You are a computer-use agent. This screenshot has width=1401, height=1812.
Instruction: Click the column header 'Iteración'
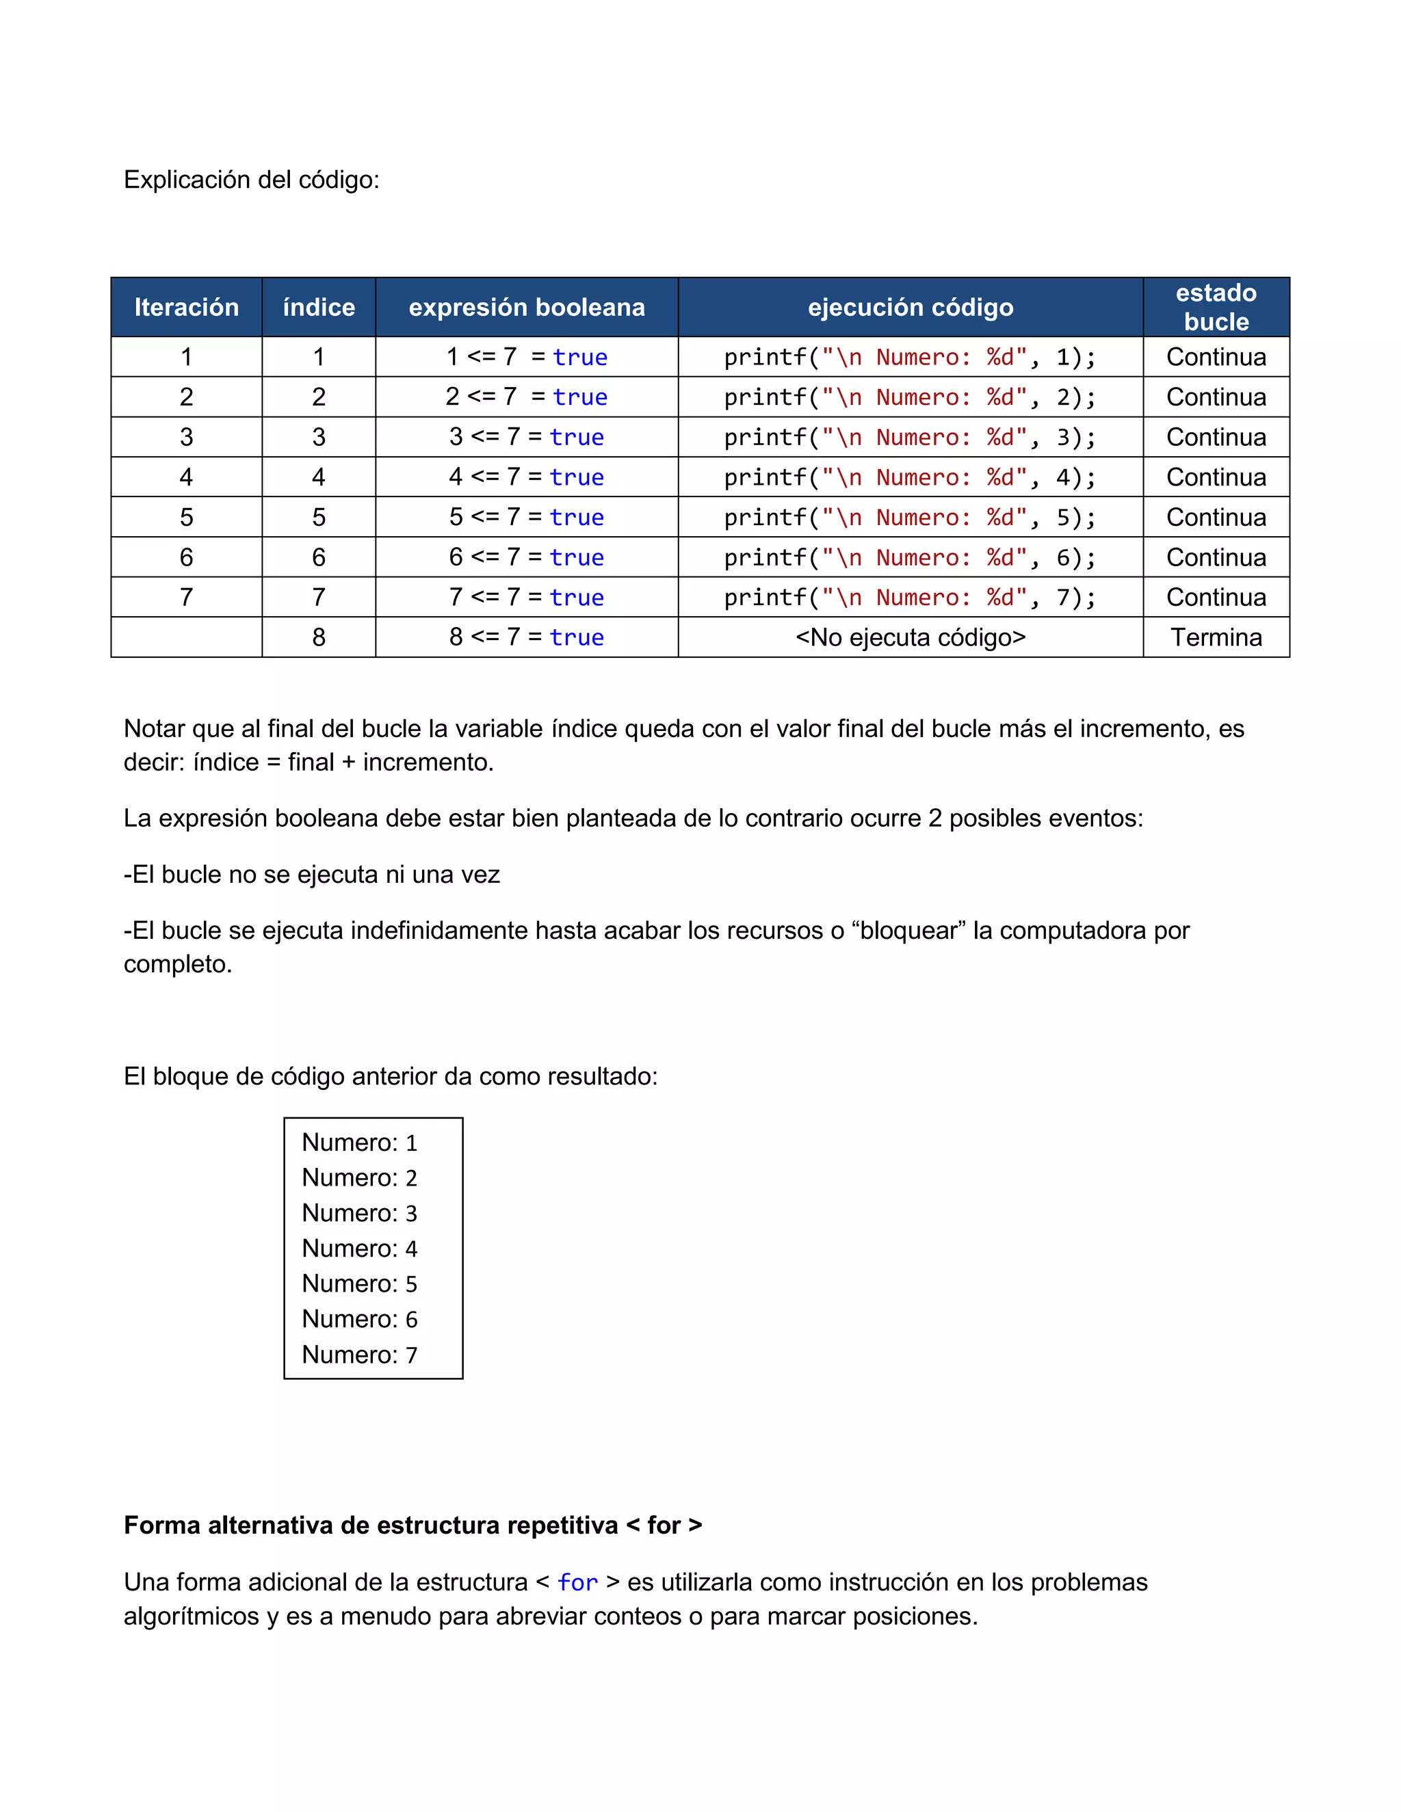point(186,307)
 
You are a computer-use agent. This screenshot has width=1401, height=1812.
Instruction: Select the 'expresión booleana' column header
point(526,307)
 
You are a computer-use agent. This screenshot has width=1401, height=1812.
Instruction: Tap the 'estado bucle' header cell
point(1215,307)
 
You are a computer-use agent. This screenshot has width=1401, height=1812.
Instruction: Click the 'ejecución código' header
point(910,307)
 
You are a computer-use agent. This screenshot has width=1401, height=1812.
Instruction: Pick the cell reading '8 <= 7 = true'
point(526,637)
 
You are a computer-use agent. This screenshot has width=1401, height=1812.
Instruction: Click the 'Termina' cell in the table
point(1215,637)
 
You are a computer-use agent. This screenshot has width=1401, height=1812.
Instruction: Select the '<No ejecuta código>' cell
point(910,637)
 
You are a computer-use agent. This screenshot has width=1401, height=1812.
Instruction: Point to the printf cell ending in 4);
point(910,477)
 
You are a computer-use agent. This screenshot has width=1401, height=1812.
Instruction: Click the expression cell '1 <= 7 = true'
point(526,357)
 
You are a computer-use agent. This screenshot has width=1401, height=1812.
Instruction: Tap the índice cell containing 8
point(319,637)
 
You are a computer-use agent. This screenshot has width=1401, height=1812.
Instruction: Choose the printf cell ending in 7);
point(910,598)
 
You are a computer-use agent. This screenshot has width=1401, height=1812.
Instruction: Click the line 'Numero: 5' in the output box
point(359,1283)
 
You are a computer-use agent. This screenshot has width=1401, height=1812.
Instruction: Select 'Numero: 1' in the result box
point(359,1143)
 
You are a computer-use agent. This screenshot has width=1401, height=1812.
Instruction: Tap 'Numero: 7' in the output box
point(359,1354)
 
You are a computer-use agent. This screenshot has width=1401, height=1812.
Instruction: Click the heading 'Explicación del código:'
point(252,179)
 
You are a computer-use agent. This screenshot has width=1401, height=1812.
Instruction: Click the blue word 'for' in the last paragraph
point(577,1582)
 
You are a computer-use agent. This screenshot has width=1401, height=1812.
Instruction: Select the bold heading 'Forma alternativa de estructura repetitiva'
point(370,1525)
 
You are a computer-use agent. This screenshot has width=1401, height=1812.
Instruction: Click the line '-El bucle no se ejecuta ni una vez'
point(311,875)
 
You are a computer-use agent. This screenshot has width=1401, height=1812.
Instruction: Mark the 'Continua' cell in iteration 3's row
point(1215,437)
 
